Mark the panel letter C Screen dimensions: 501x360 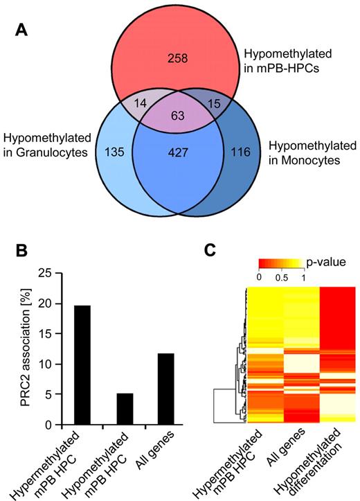point(215,248)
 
